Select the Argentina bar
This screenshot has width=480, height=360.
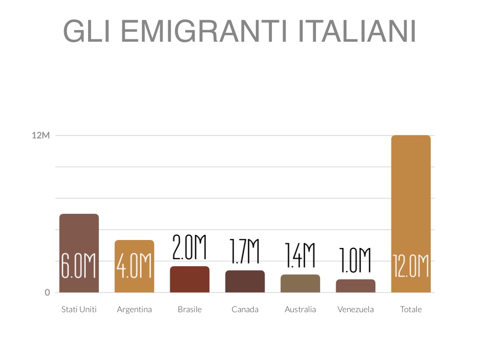tap(134, 248)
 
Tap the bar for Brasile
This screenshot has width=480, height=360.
tap(189, 279)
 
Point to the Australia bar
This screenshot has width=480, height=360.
tap(300, 284)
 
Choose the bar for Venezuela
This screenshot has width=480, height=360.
tap(355, 286)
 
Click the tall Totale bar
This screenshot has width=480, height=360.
tap(411, 197)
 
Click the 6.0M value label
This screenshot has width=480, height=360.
tap(79, 266)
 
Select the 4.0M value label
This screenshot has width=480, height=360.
tap(134, 266)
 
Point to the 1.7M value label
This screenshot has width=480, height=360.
tap(245, 251)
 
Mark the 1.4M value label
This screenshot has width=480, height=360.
tap(300, 255)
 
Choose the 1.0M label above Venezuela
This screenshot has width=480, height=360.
tap(355, 260)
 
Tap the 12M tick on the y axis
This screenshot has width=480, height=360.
tap(41, 135)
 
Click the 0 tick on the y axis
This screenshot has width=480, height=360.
tap(47, 292)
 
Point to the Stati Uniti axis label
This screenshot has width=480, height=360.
tap(79, 309)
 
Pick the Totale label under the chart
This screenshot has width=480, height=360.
tap(411, 309)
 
